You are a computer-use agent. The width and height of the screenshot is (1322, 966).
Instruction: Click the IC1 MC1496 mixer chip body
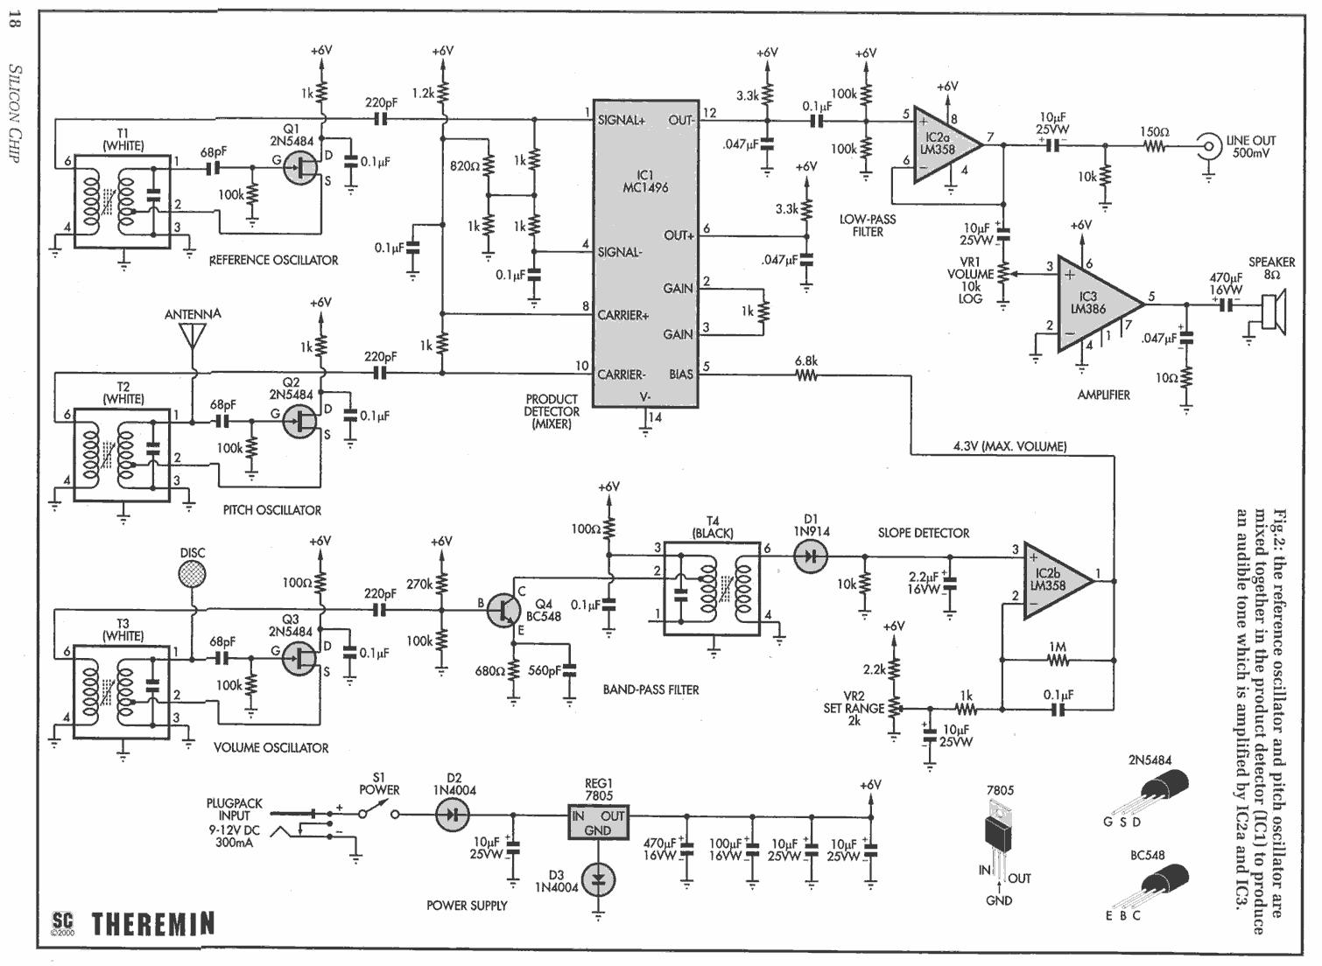coord(645,254)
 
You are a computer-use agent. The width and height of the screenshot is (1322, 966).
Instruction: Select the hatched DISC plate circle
coord(193,574)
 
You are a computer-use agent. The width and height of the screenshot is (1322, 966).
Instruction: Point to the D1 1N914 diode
coord(812,556)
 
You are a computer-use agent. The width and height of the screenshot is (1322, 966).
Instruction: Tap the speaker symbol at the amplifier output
coord(1274,308)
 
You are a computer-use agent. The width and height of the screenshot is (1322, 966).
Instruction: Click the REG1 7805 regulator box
coord(598,822)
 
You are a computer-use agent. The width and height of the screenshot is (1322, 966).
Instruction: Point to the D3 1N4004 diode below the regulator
coord(598,880)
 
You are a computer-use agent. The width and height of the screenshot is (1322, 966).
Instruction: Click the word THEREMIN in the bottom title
coord(153,923)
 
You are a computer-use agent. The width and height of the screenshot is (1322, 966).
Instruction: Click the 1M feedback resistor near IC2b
coord(1058,661)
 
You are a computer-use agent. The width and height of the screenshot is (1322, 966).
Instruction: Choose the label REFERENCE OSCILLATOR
coord(274,260)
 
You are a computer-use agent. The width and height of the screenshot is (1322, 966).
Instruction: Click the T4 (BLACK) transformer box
coord(713,589)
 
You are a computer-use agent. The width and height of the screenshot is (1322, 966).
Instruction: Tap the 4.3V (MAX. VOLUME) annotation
coord(1009,446)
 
